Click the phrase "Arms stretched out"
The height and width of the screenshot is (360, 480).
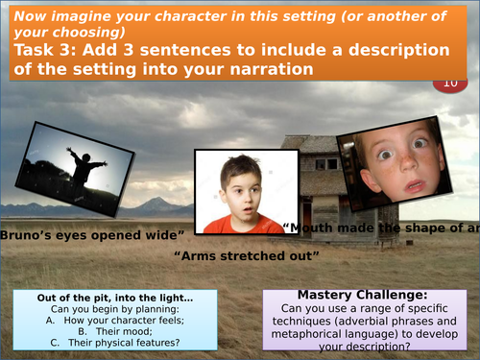[x=246, y=255]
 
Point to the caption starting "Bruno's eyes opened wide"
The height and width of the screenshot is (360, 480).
[x=92, y=234]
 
